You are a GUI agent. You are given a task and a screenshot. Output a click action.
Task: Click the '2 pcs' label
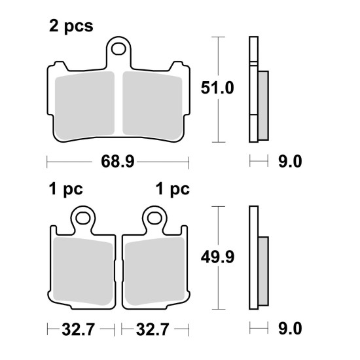(71, 27)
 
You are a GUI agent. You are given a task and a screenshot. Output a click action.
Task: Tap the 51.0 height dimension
(217, 88)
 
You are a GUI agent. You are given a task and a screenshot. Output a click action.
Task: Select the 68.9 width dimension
(118, 161)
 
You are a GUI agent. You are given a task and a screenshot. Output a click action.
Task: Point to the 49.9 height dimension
(217, 257)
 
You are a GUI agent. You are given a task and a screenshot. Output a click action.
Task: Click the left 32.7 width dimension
(78, 329)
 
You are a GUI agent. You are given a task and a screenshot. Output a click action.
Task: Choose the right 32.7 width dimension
(153, 329)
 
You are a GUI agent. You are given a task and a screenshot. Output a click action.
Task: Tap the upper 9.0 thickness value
(290, 161)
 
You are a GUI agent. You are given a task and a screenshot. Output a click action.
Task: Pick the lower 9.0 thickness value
(290, 329)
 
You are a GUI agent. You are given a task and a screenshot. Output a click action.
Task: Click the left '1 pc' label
(66, 190)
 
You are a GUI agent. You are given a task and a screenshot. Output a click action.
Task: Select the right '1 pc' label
(173, 190)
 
